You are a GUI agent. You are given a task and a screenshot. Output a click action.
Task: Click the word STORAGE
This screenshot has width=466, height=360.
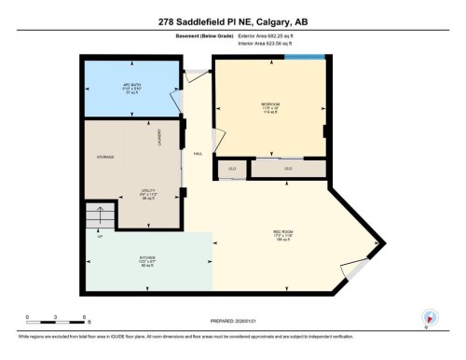point(105,157)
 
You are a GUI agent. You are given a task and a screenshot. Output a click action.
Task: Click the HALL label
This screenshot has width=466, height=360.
point(198,153)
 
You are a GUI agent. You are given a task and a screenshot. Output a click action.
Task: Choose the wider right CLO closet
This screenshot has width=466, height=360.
point(288,169)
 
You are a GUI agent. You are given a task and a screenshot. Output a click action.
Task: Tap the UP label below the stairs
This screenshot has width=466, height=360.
point(99,236)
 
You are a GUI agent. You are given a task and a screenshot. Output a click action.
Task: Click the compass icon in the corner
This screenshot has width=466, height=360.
point(431,317)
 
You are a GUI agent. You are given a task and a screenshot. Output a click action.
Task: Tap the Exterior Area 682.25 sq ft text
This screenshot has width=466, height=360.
point(270,35)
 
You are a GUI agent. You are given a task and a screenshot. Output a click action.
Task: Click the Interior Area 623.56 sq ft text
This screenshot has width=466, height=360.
point(270,42)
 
